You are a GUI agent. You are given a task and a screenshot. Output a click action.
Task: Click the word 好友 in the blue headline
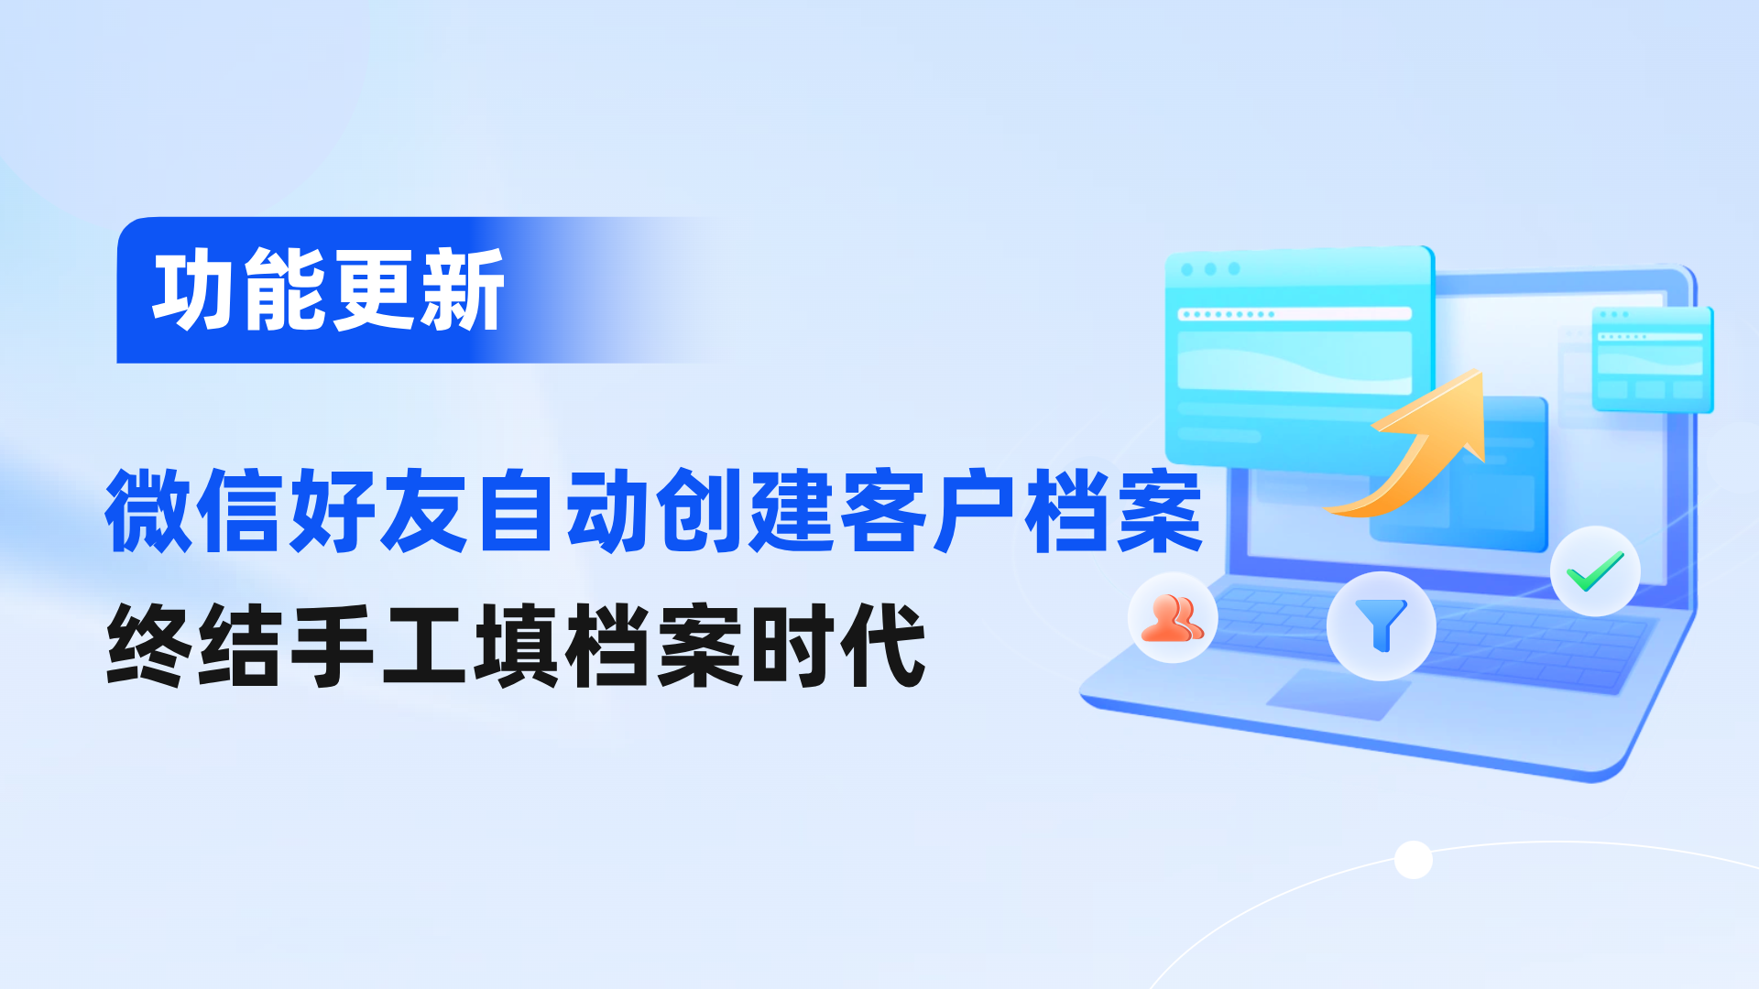pyautogui.click(x=379, y=510)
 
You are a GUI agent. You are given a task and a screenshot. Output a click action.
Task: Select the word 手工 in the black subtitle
pyautogui.click(x=379, y=646)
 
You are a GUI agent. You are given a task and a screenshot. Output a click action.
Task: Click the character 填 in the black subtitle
pyautogui.click(x=517, y=646)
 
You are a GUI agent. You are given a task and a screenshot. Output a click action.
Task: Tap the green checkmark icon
pyautogui.click(x=1595, y=571)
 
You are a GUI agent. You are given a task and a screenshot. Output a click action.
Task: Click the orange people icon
pyautogui.click(x=1172, y=618)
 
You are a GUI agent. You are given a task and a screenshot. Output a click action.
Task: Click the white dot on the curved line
pyautogui.click(x=1413, y=859)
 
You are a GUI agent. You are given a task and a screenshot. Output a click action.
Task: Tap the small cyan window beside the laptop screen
pyautogui.click(x=1652, y=359)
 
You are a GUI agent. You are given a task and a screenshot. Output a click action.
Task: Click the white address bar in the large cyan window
pyautogui.click(x=1295, y=314)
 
